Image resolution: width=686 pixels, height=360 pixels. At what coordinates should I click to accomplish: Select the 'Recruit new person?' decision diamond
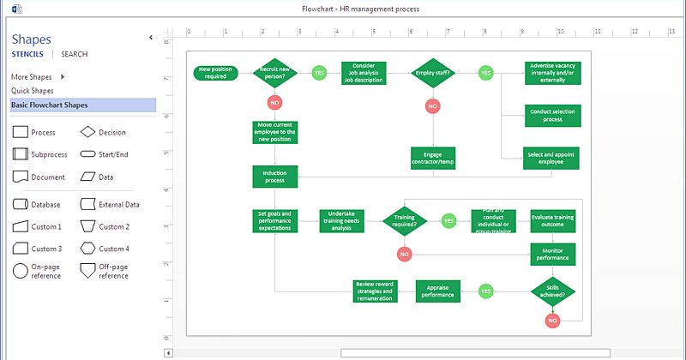click(x=274, y=73)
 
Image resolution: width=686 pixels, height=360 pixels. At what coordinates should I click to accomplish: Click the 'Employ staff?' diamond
click(x=433, y=73)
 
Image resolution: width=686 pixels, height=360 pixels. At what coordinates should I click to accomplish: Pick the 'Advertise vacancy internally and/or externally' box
click(x=552, y=73)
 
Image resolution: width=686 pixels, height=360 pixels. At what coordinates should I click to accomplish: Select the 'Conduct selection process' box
click(x=552, y=115)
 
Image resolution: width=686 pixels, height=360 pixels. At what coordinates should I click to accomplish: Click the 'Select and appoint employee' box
click(x=552, y=158)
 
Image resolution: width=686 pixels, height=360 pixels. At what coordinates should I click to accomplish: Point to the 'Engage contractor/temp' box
click(x=433, y=158)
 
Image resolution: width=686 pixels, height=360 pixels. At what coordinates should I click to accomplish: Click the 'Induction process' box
click(x=274, y=177)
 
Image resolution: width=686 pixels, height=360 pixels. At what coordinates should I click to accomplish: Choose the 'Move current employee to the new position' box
click(x=274, y=132)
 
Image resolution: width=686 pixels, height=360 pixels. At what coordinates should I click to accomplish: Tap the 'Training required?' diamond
click(x=404, y=221)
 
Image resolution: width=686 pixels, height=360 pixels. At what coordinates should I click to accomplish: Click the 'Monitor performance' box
click(x=552, y=254)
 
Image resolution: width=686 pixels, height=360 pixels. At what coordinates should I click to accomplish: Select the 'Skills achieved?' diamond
click(x=552, y=291)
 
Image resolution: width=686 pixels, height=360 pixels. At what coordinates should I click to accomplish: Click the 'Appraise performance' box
click(x=438, y=291)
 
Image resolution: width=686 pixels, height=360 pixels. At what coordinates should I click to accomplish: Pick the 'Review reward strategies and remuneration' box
click(x=375, y=291)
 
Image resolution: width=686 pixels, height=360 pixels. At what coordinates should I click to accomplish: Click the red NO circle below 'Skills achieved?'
click(x=552, y=321)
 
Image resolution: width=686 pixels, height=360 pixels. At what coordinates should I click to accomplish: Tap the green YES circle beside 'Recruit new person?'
click(x=319, y=73)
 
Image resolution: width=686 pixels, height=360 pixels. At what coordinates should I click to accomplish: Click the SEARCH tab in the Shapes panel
click(x=74, y=54)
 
